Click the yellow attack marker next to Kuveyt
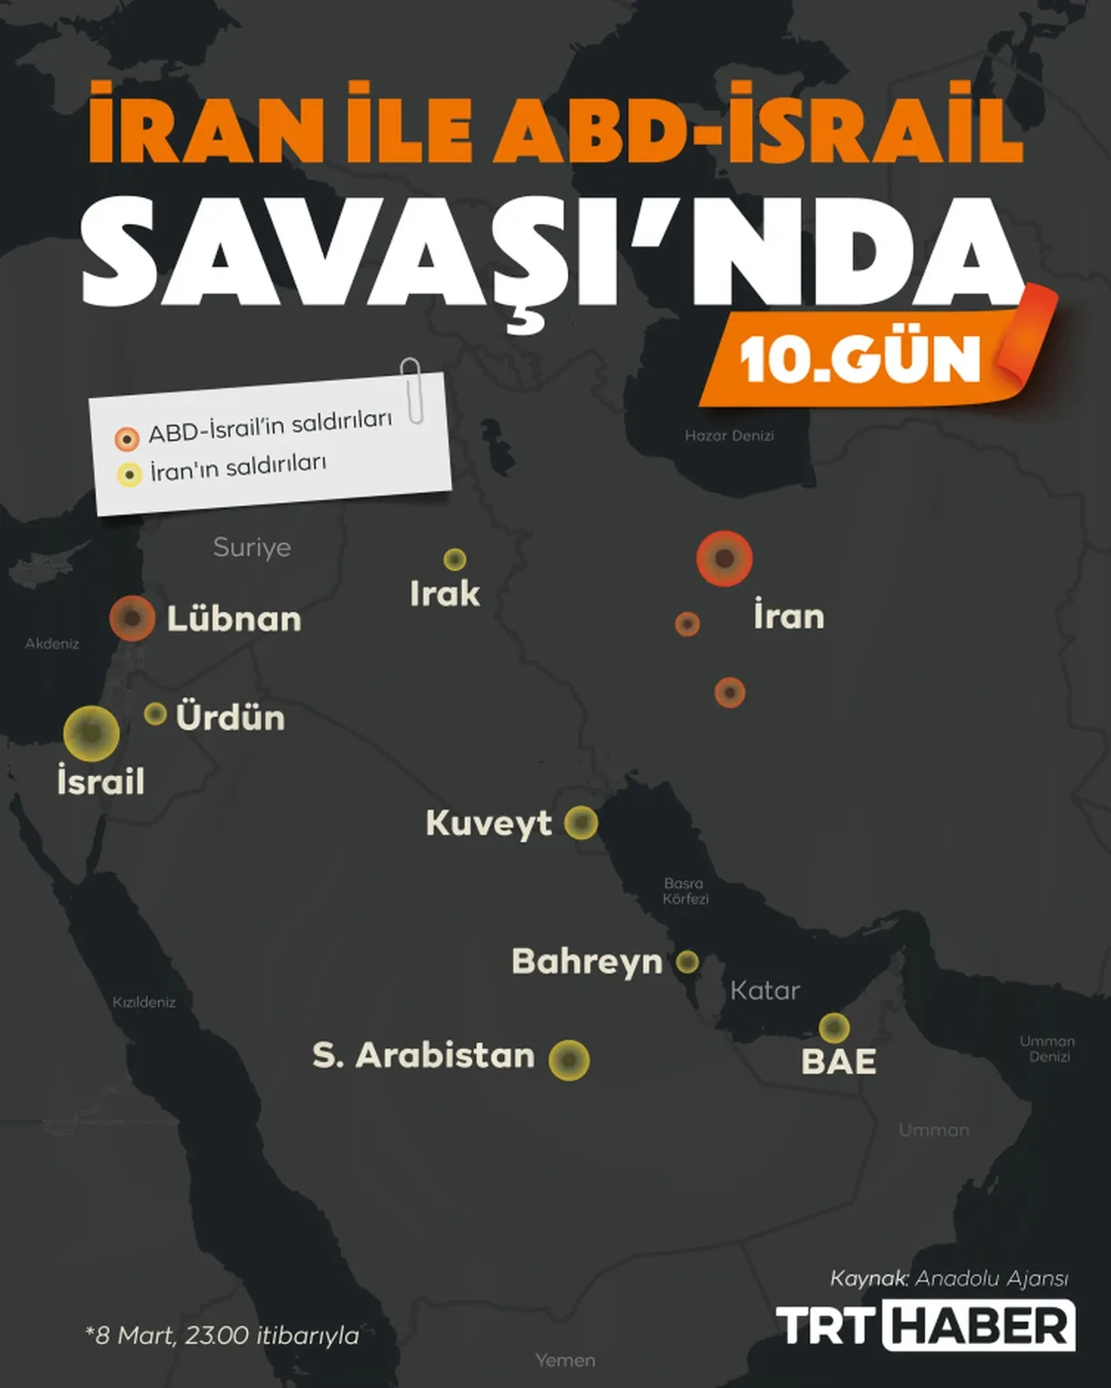pos(581,822)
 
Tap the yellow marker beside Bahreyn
pos(687,962)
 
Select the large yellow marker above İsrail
pos(91,733)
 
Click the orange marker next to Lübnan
pos(132,618)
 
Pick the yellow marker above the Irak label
pos(455,559)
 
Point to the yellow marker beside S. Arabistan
pos(569,1060)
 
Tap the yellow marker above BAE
pos(834,1028)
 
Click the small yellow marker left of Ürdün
pos(155,714)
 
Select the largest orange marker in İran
pos(724,558)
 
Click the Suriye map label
pos(252,548)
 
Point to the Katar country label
pos(765,990)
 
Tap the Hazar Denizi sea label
pos(729,436)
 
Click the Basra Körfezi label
pos(685,891)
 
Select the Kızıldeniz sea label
pos(144,1002)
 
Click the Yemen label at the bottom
pos(565,1360)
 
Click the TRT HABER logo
pos(925,1326)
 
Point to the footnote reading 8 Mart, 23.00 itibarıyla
pos(222,1334)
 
